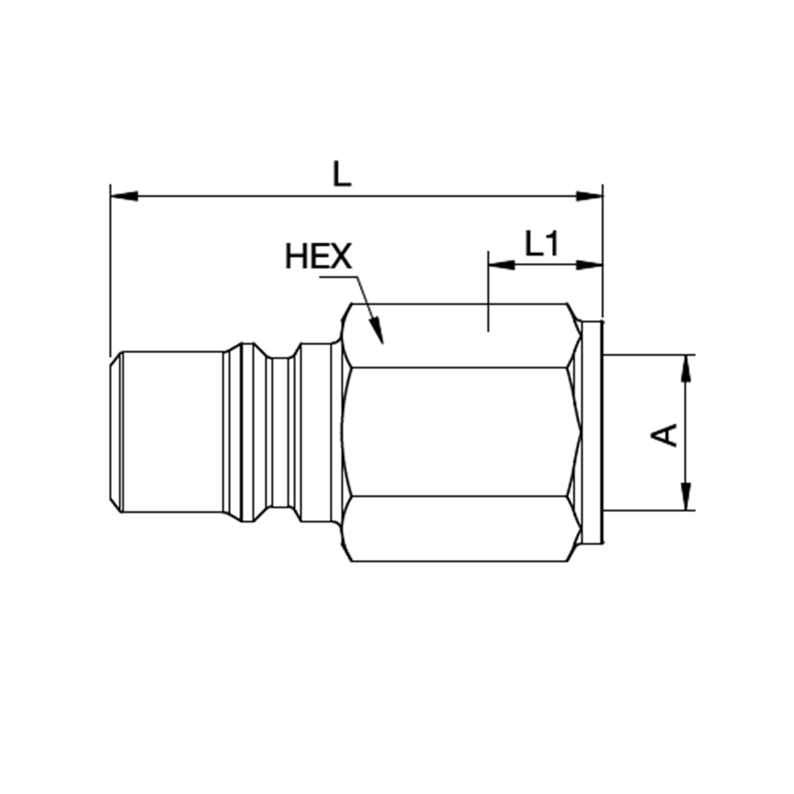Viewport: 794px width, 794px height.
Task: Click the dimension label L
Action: [341, 173]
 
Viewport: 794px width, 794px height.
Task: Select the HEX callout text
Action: [318, 256]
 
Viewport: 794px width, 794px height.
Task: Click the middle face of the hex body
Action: [459, 432]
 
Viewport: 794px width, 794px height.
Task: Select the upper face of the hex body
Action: [459, 335]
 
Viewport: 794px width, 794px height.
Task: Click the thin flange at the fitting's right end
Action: [591, 432]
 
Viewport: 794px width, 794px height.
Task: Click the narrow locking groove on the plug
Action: [279, 432]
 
